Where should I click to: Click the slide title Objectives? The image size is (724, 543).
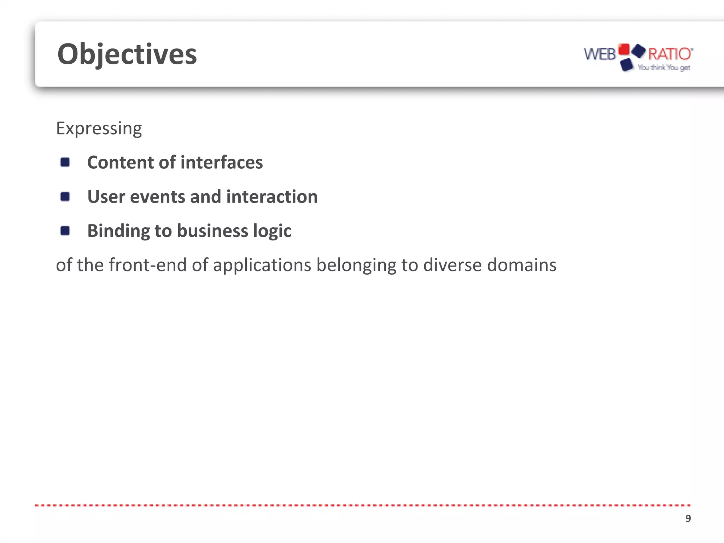[x=127, y=54]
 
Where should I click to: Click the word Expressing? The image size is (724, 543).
[x=99, y=128]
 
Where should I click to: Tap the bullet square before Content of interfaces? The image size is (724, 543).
[x=65, y=162]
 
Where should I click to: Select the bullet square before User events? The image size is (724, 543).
[x=65, y=197]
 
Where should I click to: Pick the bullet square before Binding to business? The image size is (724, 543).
[x=65, y=231]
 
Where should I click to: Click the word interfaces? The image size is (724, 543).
[x=222, y=163]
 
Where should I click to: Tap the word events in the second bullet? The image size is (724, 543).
[x=158, y=197]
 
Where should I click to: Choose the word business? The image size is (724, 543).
[x=212, y=231]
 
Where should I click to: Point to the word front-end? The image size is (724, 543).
[x=147, y=265]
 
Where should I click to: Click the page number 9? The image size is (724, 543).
[x=688, y=519]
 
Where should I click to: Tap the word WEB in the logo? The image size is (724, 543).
[x=599, y=54]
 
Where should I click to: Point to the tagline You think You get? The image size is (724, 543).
[x=664, y=68]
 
